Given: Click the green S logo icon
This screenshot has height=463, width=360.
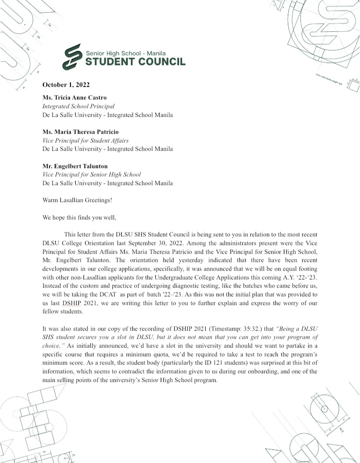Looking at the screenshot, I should click(x=73, y=57).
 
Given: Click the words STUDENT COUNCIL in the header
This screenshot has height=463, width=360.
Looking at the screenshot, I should click(x=135, y=62).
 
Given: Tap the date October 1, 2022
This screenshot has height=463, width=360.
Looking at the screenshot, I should click(x=66, y=85).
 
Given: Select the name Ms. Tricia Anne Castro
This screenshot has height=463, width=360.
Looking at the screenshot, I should click(x=74, y=97).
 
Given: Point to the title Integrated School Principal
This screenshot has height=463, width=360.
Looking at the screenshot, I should click(x=78, y=106).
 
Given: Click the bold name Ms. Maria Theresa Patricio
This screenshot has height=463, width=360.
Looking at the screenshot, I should click(x=80, y=132).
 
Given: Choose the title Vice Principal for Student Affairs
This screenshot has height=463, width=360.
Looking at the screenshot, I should click(x=85, y=140).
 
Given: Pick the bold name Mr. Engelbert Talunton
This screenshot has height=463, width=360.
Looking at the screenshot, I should click(x=75, y=166).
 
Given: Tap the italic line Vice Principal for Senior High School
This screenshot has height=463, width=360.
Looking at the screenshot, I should click(x=91, y=175).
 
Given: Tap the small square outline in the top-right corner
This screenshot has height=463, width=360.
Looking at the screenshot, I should click(x=353, y=86).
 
